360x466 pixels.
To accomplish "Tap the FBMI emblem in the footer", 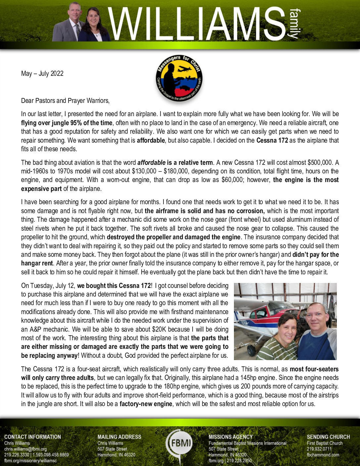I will tap(180, 443).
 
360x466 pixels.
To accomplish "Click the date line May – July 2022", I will tap(42, 73).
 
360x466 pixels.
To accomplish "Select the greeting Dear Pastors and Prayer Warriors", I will tap(65, 101).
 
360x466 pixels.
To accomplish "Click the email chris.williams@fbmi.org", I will tap(25, 449).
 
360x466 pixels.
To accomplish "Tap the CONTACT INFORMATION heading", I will tap(32, 437).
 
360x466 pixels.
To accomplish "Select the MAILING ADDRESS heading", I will tap(119, 437).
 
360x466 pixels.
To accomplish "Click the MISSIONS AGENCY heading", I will tap(231, 437).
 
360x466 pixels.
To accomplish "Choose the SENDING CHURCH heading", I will tap(328, 437).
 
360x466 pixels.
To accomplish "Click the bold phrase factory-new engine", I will tap(146, 404).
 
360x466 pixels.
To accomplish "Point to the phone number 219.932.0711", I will tap(319, 449).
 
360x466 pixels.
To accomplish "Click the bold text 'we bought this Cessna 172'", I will tap(114, 286).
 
